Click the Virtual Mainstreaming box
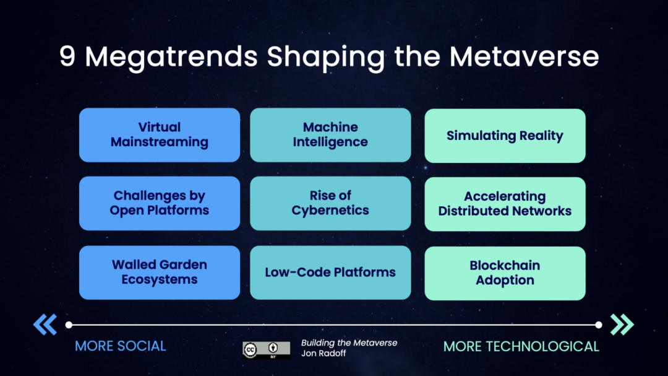point(160,135)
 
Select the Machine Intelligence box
point(330,135)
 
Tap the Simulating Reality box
point(505,136)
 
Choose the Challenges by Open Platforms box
point(160,203)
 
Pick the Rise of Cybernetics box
point(330,203)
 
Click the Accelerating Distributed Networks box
point(505,204)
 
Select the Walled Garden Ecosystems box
point(160,272)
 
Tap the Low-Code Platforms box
point(330,272)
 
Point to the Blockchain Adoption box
point(505,273)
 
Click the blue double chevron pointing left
point(45,324)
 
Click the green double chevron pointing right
point(622,324)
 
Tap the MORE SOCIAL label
point(121,346)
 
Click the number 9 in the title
point(67,57)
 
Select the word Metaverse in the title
point(525,57)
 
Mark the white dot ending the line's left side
point(69,324)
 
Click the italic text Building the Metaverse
point(349,343)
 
